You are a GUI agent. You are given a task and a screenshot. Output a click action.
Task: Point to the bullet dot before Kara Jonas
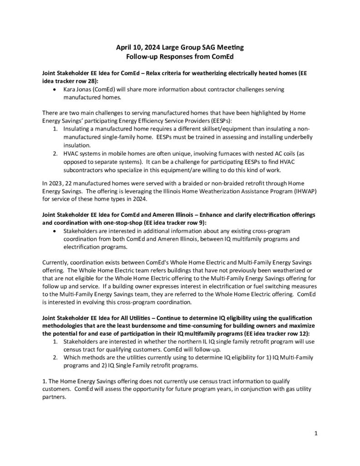click(56, 90)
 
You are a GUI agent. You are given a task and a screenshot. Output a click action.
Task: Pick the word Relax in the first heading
click(167, 73)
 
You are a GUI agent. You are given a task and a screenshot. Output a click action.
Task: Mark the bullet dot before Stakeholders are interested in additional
click(56, 231)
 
